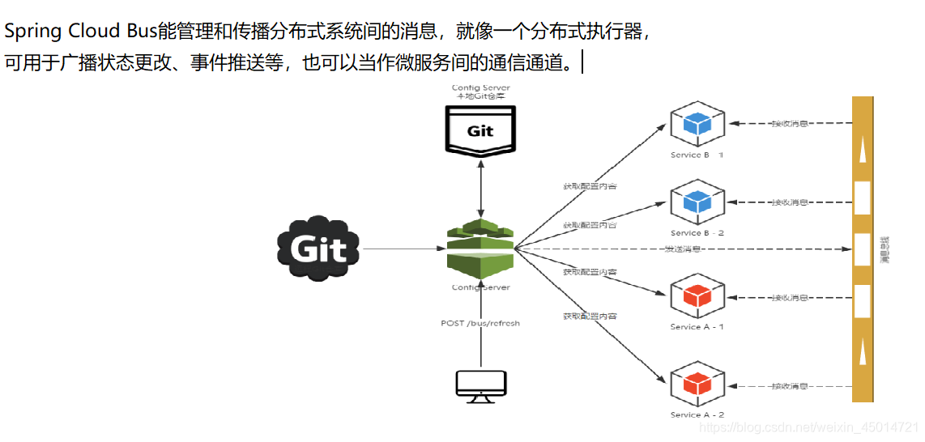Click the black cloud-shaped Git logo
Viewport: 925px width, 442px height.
click(x=318, y=248)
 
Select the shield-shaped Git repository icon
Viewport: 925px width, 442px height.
click(x=480, y=130)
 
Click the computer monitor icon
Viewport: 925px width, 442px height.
click(x=480, y=386)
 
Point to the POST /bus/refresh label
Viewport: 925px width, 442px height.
click(x=480, y=323)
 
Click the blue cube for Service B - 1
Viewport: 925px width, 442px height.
click(x=696, y=124)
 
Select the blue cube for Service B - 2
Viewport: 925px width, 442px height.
click(x=696, y=202)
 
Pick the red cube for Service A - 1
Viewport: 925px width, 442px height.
click(x=696, y=296)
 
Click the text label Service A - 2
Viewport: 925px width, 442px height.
click(x=697, y=414)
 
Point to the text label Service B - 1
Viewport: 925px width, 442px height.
click(x=697, y=155)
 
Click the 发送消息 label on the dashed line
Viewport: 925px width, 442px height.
click(x=682, y=249)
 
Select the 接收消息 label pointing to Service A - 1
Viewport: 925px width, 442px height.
click(x=789, y=298)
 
